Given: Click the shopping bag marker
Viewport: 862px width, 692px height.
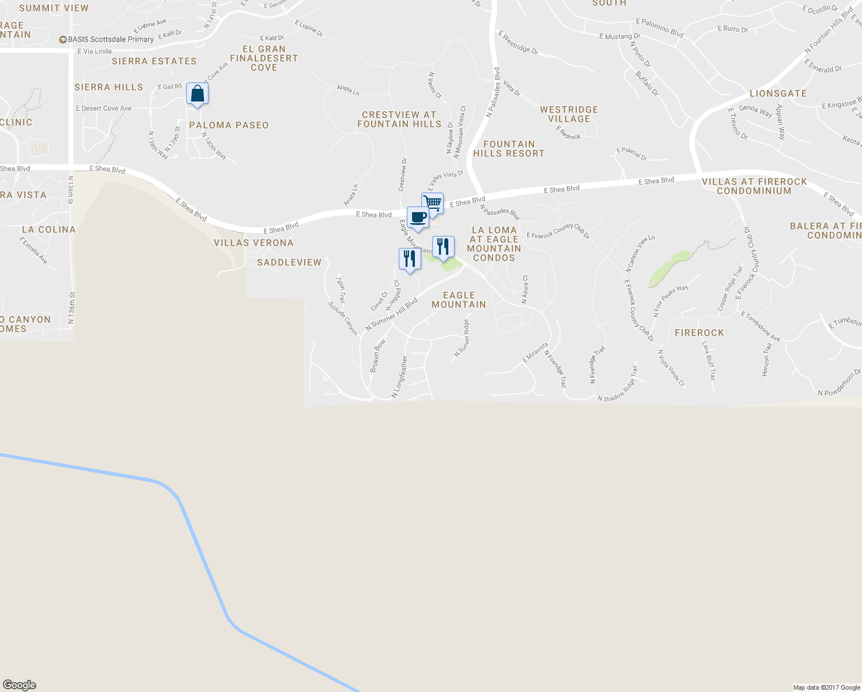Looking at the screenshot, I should (x=197, y=93).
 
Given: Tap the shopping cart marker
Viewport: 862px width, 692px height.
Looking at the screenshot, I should (x=432, y=203).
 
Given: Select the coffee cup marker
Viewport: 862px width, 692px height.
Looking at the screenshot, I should (x=418, y=217).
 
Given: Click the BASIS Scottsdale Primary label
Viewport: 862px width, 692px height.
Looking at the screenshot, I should (x=107, y=39).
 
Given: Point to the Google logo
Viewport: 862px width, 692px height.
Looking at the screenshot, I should (x=20, y=685).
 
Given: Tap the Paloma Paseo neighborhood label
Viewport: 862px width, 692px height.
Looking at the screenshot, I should (x=229, y=125).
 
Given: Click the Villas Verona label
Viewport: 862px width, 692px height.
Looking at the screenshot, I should (x=254, y=243).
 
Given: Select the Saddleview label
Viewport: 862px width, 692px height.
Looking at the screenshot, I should (x=289, y=262).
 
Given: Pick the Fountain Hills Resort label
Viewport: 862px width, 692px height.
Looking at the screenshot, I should (x=509, y=149).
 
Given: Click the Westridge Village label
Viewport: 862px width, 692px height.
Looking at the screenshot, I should (x=569, y=114).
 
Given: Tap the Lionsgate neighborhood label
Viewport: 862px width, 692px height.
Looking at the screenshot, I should (x=778, y=93).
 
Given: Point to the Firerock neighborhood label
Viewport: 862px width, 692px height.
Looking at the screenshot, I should (x=699, y=333).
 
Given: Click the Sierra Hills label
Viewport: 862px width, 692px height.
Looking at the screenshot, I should (x=108, y=87).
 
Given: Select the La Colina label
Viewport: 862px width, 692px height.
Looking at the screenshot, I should (x=48, y=230).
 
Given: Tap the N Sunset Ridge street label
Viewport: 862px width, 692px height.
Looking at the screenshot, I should (x=462, y=339).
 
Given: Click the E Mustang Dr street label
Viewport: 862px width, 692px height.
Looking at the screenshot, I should (x=619, y=36).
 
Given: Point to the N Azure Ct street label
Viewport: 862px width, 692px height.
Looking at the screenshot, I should (x=525, y=289).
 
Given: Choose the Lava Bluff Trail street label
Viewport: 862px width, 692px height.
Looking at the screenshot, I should (x=708, y=360).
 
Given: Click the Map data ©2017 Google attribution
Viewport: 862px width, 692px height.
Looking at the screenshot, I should (x=826, y=687).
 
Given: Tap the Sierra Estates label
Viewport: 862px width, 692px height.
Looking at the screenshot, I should (x=154, y=61).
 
